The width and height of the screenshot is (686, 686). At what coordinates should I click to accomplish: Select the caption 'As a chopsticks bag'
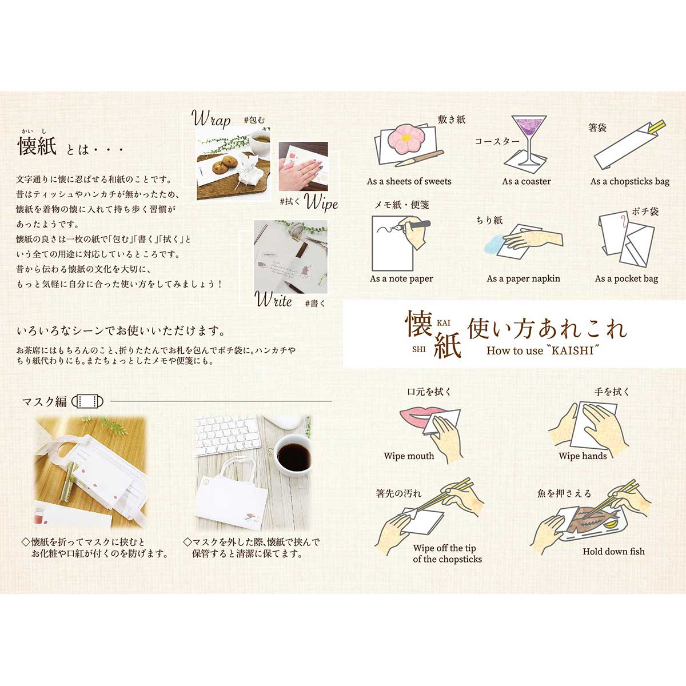[x=629, y=181]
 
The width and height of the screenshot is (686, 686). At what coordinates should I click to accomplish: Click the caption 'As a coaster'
[x=527, y=181]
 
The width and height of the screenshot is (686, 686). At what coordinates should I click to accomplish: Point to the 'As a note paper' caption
[x=401, y=278]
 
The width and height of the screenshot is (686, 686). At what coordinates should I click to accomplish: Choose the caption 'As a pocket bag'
[x=626, y=278]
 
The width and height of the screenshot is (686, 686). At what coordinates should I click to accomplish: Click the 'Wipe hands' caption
[x=583, y=456]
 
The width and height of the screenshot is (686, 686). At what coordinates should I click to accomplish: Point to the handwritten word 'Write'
[x=274, y=300]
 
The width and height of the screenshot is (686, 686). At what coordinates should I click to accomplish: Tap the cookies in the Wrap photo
[x=221, y=167]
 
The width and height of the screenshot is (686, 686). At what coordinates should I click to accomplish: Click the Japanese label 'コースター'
[x=497, y=141]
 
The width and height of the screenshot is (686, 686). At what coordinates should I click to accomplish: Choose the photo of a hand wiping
[x=303, y=166]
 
